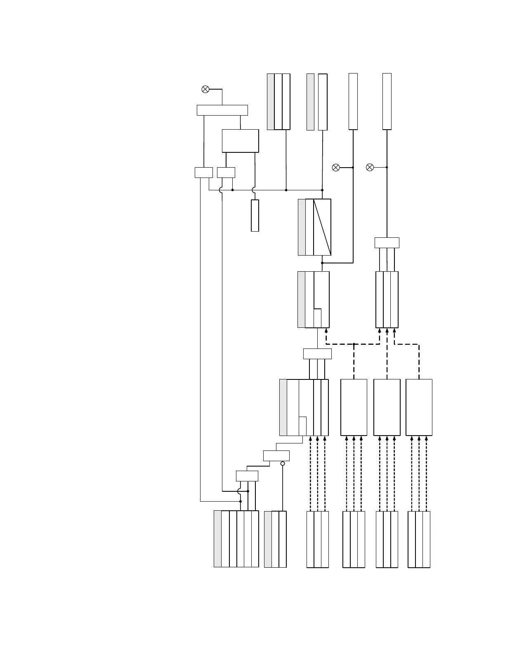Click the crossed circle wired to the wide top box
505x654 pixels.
205,89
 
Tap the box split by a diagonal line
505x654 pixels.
322,227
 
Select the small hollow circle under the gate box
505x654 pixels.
283,464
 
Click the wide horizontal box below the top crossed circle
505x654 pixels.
222,110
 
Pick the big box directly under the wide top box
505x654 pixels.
240,141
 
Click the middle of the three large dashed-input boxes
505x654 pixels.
387,407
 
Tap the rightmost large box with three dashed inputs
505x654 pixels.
419,407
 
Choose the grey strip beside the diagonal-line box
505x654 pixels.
302,227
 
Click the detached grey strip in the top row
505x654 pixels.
311,102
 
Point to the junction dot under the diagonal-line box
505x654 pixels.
322,263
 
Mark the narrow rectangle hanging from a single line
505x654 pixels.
255,216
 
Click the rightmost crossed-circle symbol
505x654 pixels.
370,167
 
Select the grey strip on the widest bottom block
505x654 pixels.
217,539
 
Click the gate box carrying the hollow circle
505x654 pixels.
276,456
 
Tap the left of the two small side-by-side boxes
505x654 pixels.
203,173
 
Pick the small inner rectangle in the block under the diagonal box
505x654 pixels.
317,318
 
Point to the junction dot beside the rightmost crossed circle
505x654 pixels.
387,167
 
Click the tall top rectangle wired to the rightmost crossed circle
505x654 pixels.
387,102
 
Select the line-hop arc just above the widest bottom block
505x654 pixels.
240,491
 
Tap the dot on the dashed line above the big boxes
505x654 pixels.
354,344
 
